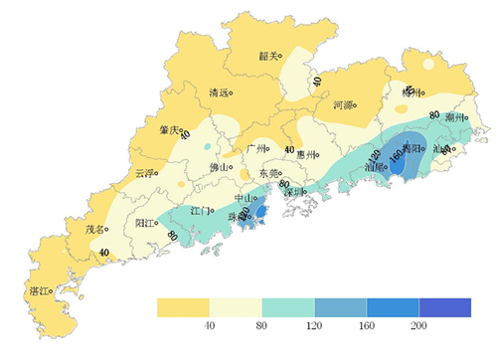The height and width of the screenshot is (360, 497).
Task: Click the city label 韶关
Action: coord(267,57)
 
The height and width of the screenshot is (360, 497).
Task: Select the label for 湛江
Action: coord(42,292)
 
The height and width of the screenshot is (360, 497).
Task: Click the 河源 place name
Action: coord(343,103)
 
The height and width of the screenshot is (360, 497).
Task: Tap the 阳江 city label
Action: coord(146,223)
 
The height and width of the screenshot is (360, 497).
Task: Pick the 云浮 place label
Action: coord(145,173)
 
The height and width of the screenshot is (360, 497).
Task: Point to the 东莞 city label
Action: coord(268,173)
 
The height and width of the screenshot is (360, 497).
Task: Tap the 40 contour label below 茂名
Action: coord(105,254)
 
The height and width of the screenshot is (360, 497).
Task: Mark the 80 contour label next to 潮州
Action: coord(434,115)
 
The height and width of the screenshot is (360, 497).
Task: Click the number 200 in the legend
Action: coord(418,325)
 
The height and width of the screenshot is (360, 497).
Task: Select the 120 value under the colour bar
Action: coord(314,325)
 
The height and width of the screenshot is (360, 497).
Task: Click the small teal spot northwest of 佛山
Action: coord(206,147)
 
